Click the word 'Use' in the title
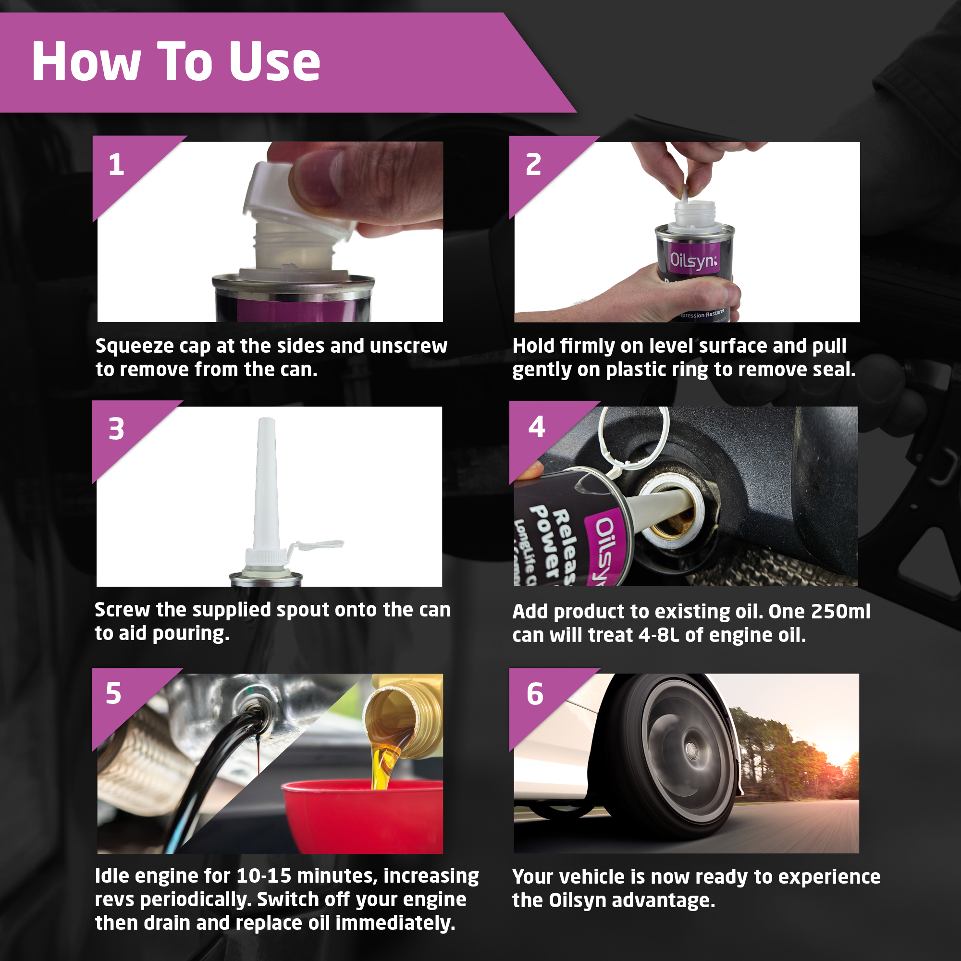[274, 62]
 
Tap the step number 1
[116, 164]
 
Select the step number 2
[533, 164]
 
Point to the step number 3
[116, 429]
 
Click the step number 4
[537, 427]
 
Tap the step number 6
[535, 694]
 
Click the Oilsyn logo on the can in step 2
[693, 259]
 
